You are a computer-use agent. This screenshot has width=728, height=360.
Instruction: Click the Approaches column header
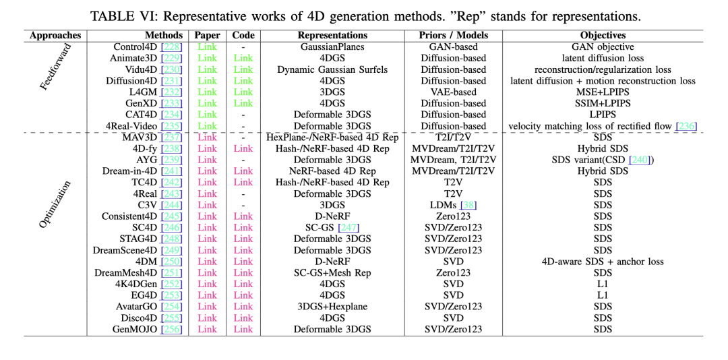coord(55,35)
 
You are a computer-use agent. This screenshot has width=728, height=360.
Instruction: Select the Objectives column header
coord(603,35)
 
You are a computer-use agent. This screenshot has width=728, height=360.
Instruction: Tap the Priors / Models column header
coord(453,35)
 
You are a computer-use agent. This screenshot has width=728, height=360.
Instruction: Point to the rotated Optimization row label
coord(55,204)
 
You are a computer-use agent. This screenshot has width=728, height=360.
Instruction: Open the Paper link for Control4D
coord(208,47)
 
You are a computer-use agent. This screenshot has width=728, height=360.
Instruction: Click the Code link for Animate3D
coord(243,58)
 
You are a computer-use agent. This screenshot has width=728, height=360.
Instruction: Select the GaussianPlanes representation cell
coord(332,47)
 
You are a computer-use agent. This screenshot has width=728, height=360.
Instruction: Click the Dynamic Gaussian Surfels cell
coord(332,69)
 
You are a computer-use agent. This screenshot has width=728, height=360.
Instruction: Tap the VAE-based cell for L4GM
coord(453,92)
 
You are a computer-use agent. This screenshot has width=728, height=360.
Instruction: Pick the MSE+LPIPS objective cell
coord(603,92)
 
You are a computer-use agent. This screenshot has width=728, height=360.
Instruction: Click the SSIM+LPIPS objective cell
coord(603,103)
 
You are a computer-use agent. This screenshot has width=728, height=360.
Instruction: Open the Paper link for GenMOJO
coord(208,329)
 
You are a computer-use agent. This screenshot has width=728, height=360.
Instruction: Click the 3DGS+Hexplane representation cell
coord(332,306)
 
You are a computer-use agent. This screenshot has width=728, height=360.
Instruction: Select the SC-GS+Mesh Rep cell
coord(332,272)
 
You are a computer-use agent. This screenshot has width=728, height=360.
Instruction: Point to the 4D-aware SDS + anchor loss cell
coord(603,262)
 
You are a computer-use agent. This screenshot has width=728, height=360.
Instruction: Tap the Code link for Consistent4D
coord(243,216)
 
